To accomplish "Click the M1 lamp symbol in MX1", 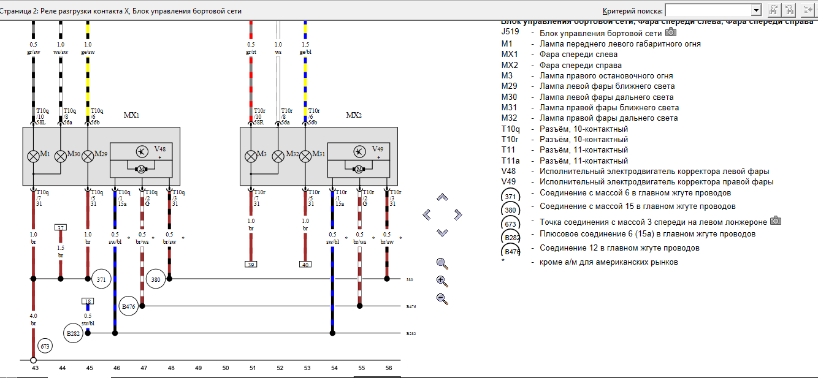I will [x=34, y=156].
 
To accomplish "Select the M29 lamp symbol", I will [x=88, y=156].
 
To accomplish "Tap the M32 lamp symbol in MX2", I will [x=278, y=156].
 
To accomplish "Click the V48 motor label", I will [x=159, y=149].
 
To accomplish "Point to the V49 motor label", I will [x=377, y=149].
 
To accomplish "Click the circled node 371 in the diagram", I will [x=101, y=279].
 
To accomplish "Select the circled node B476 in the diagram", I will [x=128, y=306].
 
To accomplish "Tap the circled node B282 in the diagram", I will [x=74, y=333].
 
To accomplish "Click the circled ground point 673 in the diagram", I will [x=45, y=347].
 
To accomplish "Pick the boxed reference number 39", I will [x=251, y=265].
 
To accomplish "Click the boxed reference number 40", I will [x=305, y=265].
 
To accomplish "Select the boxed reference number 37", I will [x=61, y=228].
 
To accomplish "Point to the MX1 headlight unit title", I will [x=132, y=115].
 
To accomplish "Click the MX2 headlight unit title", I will [x=354, y=115].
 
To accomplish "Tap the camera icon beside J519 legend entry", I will [x=671, y=32].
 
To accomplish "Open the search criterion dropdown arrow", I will [x=756, y=10].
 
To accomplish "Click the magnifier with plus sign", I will [x=442, y=281].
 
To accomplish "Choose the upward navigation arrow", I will [x=442, y=197].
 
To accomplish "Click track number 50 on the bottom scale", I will [x=226, y=368].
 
